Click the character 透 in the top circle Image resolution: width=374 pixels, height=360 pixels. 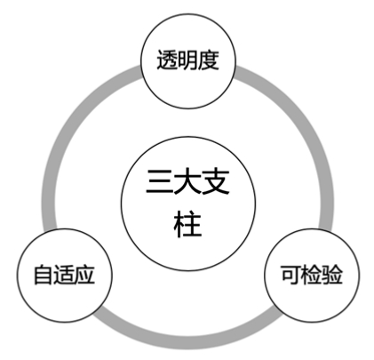click(x=167, y=60)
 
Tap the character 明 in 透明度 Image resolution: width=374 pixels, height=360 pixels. click(x=187, y=60)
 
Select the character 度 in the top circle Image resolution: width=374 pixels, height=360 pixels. click(x=209, y=60)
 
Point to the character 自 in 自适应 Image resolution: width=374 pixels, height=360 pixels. click(x=44, y=275)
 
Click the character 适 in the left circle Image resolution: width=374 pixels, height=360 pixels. click(x=64, y=275)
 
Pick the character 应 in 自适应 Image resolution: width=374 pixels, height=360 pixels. click(x=84, y=275)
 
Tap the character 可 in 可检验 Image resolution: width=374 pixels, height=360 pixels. click(x=290, y=275)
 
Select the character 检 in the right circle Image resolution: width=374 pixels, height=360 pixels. click(x=311, y=275)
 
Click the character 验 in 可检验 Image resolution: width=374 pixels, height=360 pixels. click(x=332, y=275)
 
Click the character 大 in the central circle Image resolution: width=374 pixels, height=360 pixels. click(x=187, y=181)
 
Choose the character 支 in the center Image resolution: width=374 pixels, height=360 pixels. click(x=216, y=181)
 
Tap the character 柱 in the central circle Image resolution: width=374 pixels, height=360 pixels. click(x=187, y=224)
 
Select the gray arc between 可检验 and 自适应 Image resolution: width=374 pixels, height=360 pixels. click(x=187, y=342)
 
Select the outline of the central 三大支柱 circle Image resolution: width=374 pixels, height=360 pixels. click(x=188, y=137)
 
